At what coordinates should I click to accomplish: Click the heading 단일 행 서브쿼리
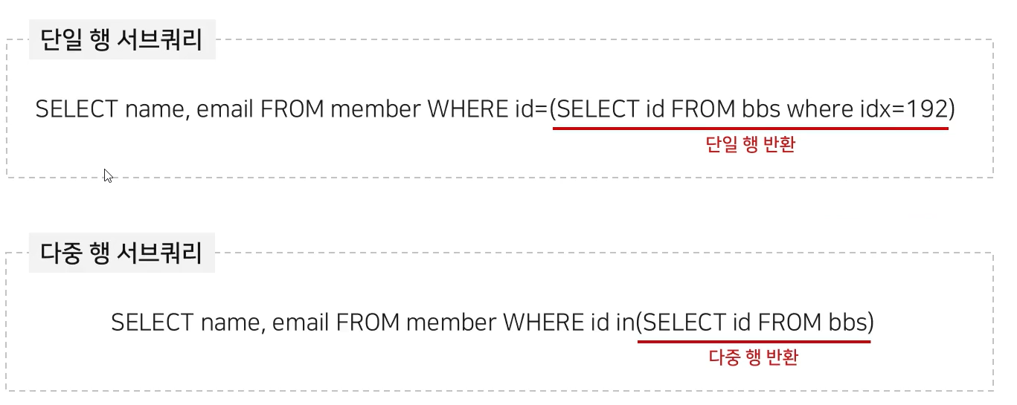click(x=122, y=39)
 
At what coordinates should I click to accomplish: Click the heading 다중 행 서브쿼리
click(x=122, y=253)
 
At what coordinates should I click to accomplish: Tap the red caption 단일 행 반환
click(x=750, y=145)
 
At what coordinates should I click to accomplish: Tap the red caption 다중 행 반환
click(x=754, y=357)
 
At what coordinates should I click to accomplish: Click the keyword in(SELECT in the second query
click(x=669, y=323)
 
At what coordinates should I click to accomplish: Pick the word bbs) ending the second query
click(x=850, y=323)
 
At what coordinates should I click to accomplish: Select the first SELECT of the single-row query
click(x=76, y=110)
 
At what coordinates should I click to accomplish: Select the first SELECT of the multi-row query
click(x=152, y=323)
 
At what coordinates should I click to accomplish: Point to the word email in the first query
click(x=226, y=110)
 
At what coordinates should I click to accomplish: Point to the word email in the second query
click(x=302, y=323)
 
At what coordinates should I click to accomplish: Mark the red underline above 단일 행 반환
click(x=750, y=129)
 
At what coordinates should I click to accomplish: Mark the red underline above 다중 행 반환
click(x=754, y=342)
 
